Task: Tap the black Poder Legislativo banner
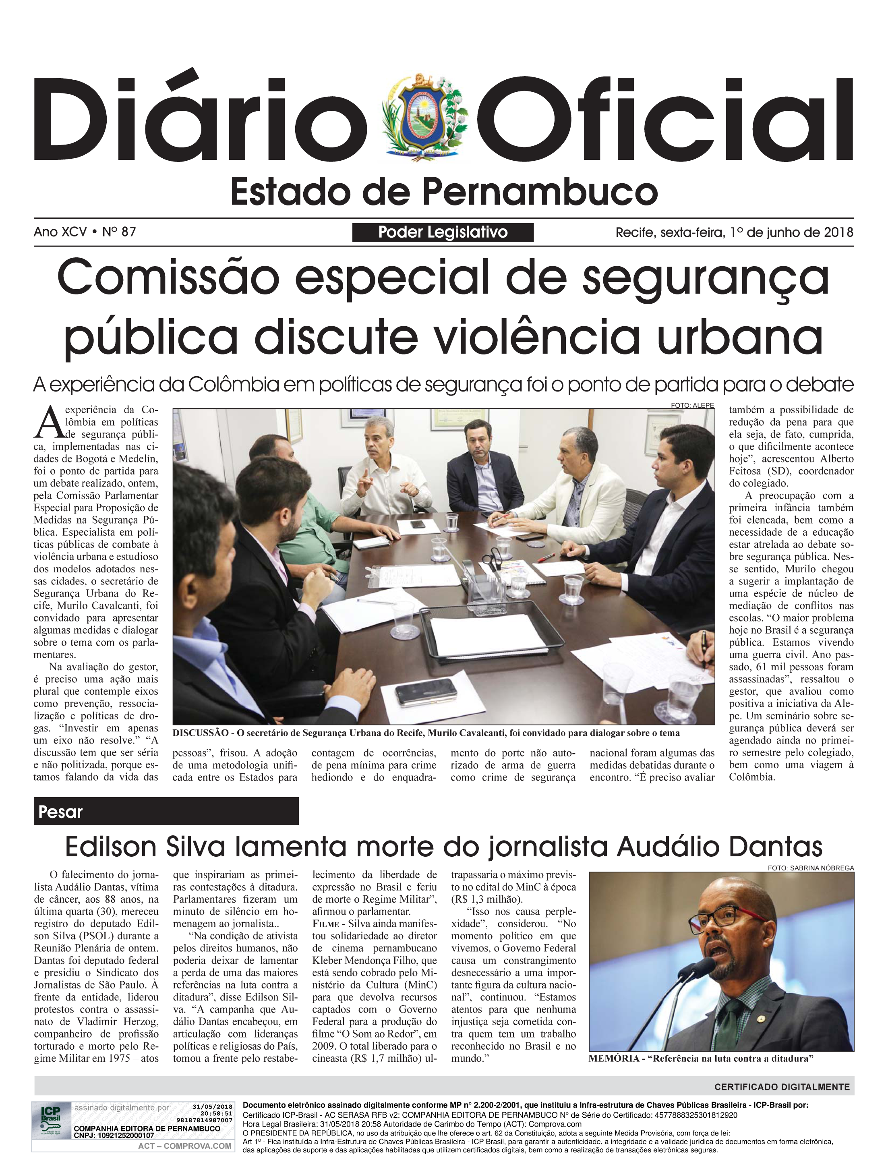coord(443,232)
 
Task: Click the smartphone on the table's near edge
coord(426,691)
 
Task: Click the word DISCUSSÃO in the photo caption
coord(201,733)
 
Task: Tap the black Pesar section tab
coord(166,811)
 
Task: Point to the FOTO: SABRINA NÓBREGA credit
coord(811,868)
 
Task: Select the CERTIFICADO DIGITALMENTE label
coord(782,1087)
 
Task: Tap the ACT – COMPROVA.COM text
coord(184,1146)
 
